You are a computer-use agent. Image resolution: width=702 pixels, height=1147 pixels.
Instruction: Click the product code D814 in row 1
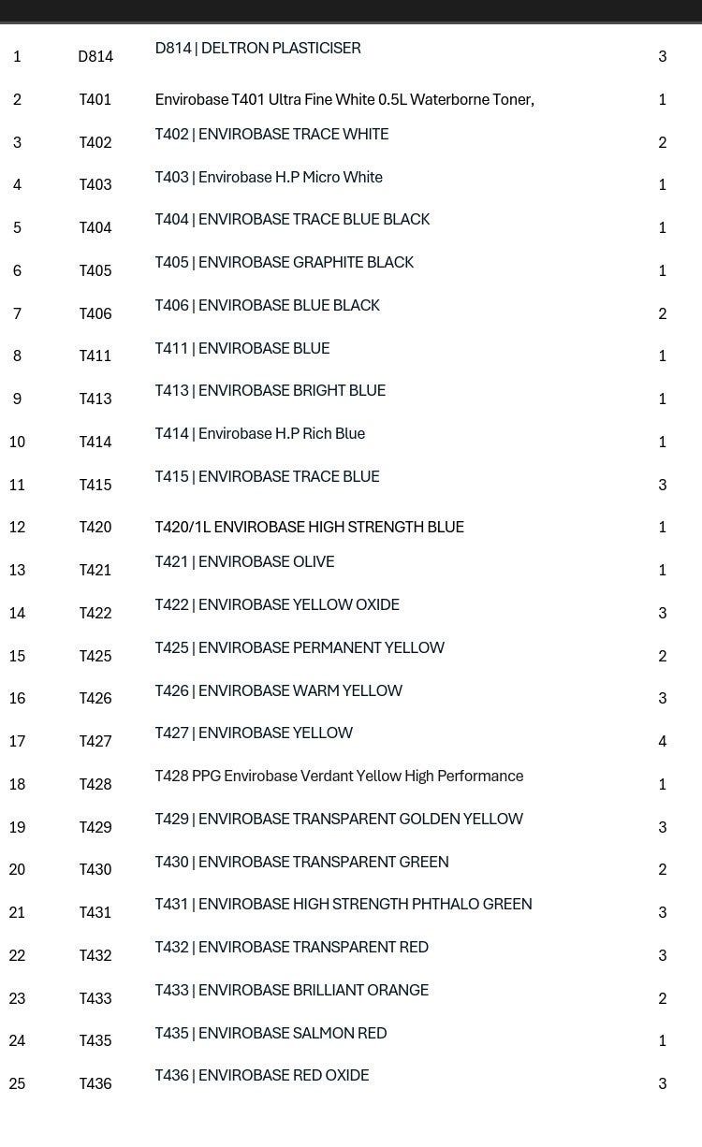pos(95,57)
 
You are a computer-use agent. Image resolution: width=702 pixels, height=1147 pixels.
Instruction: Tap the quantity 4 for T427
pos(663,742)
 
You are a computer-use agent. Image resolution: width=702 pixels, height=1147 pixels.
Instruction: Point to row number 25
pos(17,1084)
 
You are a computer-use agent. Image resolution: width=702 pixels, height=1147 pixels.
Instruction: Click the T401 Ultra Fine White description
pos(344,100)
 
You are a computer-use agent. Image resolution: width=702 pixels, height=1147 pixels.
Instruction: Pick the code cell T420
pos(95,528)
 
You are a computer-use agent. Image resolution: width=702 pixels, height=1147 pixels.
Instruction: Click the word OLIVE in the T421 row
pos(314,562)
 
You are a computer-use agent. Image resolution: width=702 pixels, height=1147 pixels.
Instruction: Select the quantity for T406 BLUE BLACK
pos(663,314)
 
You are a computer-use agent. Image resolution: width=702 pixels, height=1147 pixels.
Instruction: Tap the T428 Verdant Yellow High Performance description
pos(339,777)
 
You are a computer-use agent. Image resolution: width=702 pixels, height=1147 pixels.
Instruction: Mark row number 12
pos(17,528)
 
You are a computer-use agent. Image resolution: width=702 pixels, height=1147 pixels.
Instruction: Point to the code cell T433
pos(95,999)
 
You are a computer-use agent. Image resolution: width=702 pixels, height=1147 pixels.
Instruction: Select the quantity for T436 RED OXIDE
pos(663,1084)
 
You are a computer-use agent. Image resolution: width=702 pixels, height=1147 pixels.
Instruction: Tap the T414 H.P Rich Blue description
pos(260,434)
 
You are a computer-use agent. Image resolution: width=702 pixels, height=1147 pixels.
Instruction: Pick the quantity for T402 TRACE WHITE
pos(663,143)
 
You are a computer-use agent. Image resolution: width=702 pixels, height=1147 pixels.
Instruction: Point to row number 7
pos(17,314)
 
